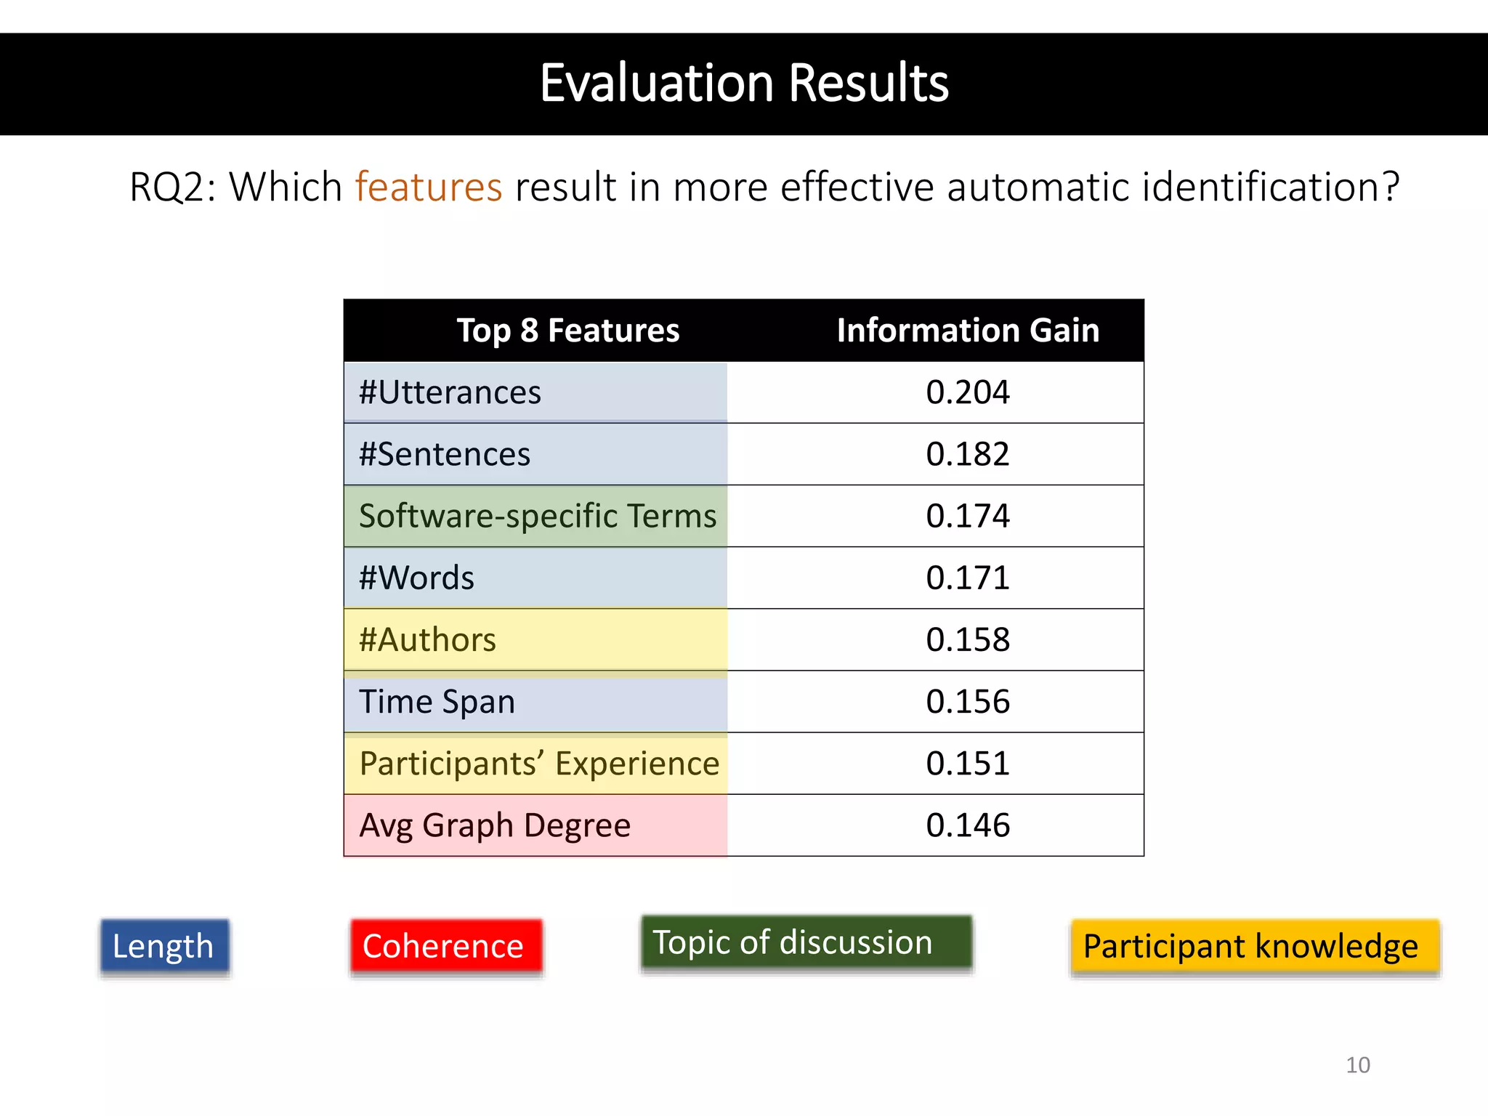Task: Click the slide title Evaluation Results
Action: point(744,83)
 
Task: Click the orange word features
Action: point(429,187)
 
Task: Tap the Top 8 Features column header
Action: point(567,331)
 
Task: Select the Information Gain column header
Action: point(968,331)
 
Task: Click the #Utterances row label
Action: point(450,392)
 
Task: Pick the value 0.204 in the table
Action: point(968,392)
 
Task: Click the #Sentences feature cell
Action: point(445,454)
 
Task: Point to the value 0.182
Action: point(968,454)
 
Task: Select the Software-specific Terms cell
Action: point(538,516)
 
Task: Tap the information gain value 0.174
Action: point(968,516)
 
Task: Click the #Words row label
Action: point(416,578)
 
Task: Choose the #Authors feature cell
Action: point(427,640)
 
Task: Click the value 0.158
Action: point(968,640)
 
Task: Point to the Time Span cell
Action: point(437,702)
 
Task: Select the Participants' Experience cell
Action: point(538,764)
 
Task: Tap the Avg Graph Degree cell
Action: point(495,825)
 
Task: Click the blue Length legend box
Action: point(164,946)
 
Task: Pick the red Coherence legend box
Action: point(445,946)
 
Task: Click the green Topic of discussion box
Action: point(806,942)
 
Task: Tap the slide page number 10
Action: point(1357,1065)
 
